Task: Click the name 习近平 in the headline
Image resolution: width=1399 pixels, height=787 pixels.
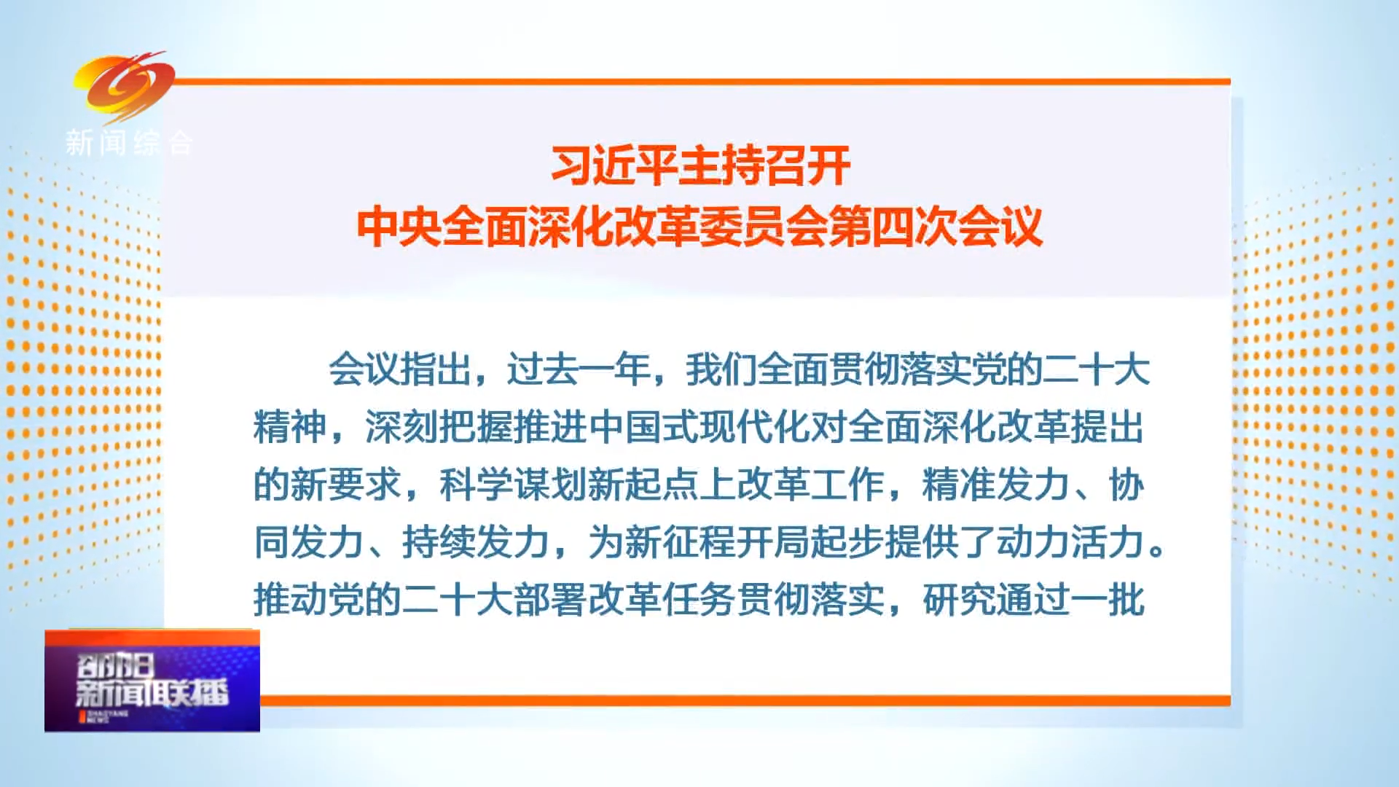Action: point(614,165)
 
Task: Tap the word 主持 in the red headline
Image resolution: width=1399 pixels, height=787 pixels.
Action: point(721,165)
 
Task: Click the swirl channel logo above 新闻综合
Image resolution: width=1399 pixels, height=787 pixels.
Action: point(124,86)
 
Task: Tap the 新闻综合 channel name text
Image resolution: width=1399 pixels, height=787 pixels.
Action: point(129,143)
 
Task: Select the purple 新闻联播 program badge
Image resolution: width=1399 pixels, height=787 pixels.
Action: point(152,681)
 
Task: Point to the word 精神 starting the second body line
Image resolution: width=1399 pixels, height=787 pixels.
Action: point(290,427)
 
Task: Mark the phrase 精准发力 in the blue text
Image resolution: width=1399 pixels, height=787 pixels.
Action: point(996,485)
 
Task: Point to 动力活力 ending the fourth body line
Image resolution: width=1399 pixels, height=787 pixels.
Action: point(1070,542)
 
